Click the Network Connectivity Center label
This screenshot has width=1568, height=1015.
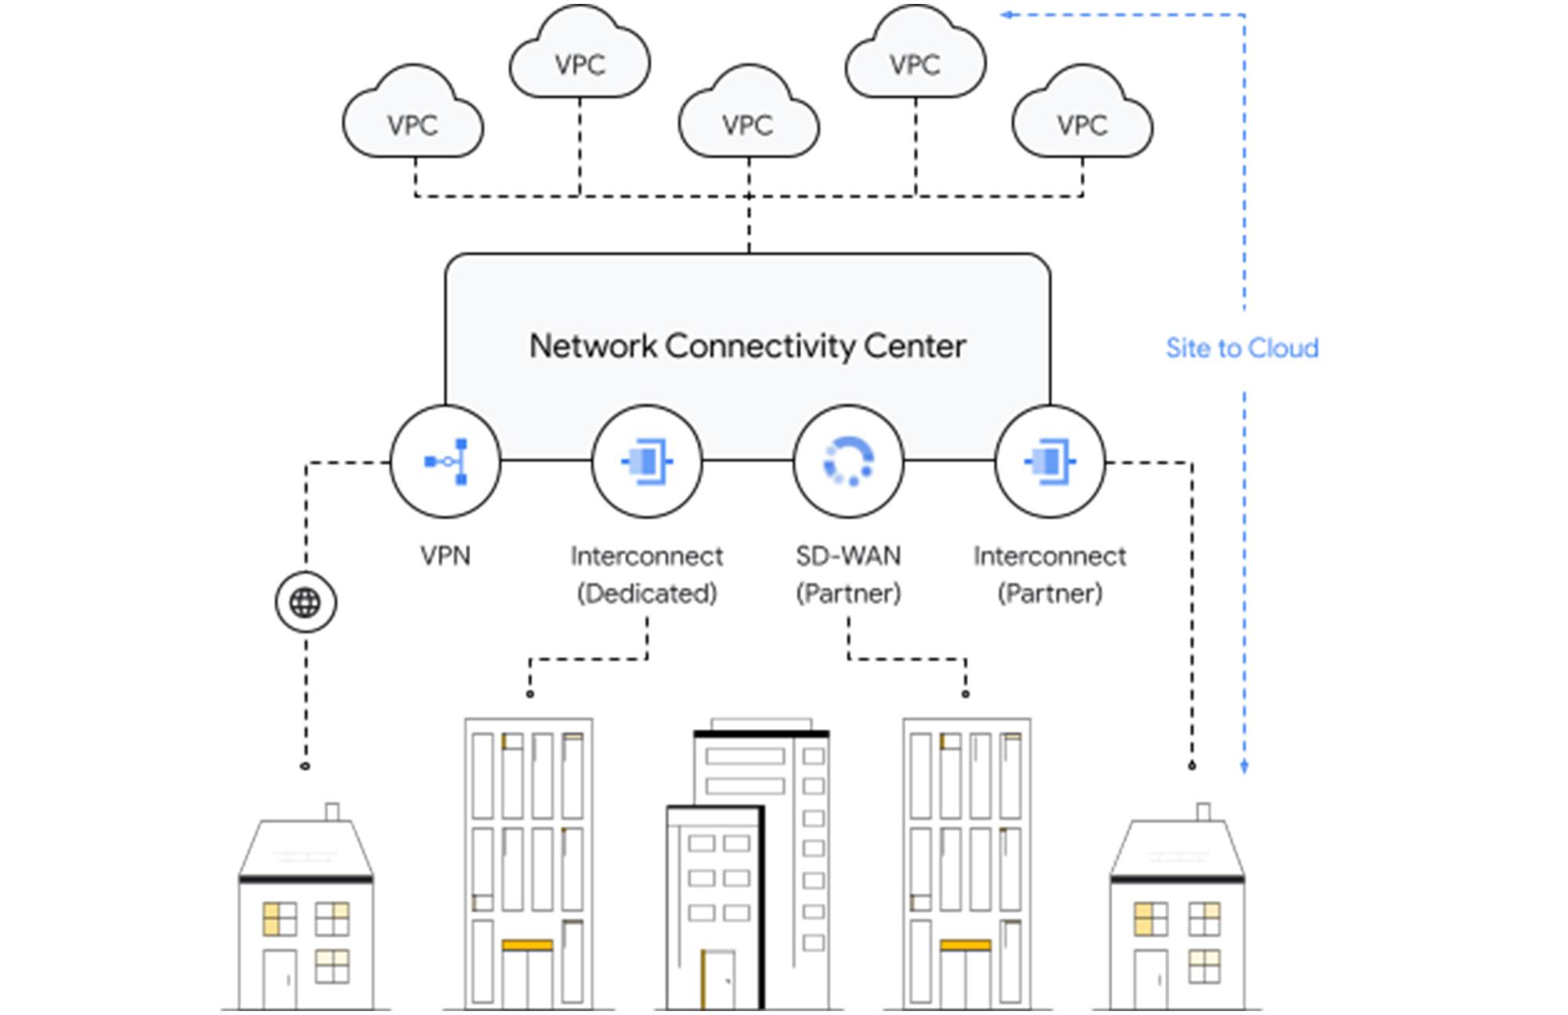pos(747,346)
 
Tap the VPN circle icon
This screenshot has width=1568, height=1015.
pos(445,462)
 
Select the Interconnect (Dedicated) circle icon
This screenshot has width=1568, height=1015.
pos(647,462)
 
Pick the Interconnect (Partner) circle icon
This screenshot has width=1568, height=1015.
pos(1051,462)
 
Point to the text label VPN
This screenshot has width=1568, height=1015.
pos(445,556)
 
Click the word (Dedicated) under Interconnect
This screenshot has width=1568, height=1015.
pos(647,593)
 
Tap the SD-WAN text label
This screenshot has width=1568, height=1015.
pos(848,556)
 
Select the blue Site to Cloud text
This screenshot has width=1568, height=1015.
pos(1242,347)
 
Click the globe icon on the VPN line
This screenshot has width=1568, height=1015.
pos(306,603)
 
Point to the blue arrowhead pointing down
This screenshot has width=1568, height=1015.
pos(1244,766)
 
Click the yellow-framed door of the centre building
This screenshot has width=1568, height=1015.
pos(718,979)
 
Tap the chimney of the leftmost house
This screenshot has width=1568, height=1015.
pos(332,811)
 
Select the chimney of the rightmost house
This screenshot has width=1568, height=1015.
pos(1203,811)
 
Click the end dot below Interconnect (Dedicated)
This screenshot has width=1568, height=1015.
pos(530,694)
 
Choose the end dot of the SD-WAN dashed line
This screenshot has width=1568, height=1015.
pos(965,694)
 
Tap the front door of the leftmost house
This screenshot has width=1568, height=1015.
pos(279,979)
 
